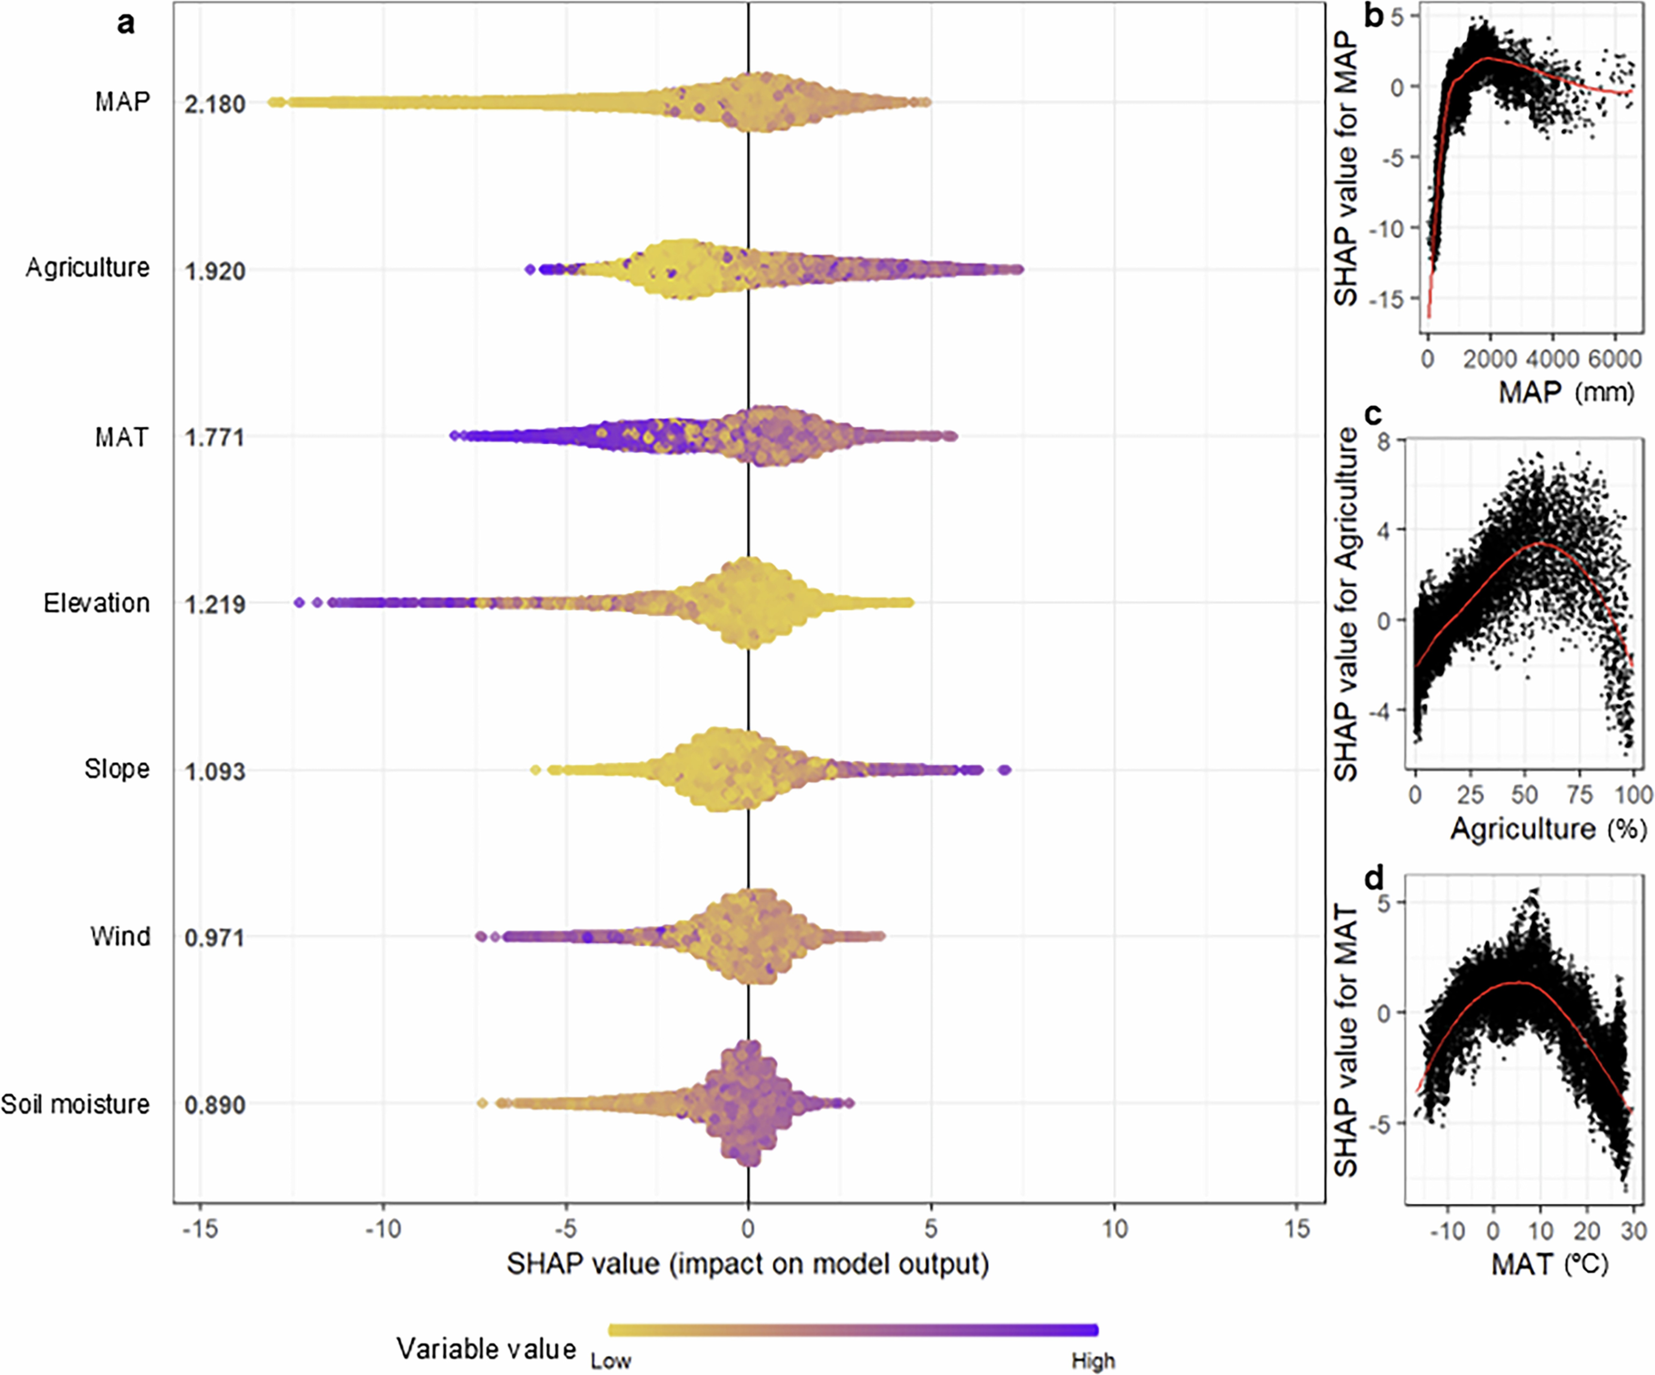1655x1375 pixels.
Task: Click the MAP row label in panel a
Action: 122,102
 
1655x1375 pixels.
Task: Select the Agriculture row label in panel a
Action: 87,268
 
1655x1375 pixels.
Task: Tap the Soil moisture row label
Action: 75,1104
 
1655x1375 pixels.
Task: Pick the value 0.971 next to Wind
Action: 214,938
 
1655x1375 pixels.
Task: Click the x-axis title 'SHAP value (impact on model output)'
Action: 747,1264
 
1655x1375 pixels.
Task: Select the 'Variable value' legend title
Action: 486,1348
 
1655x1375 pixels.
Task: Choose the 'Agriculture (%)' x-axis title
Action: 1549,828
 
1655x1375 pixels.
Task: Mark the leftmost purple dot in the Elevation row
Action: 299,603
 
